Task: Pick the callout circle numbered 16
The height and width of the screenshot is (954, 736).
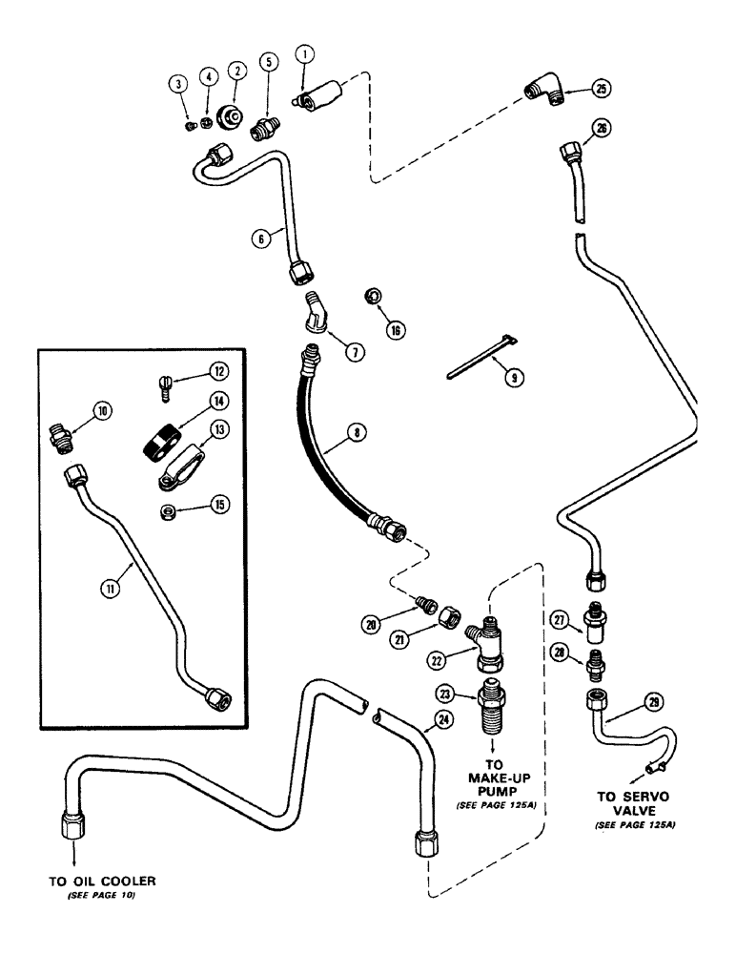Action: coord(395,329)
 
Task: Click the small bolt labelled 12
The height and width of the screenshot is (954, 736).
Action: coord(165,387)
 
